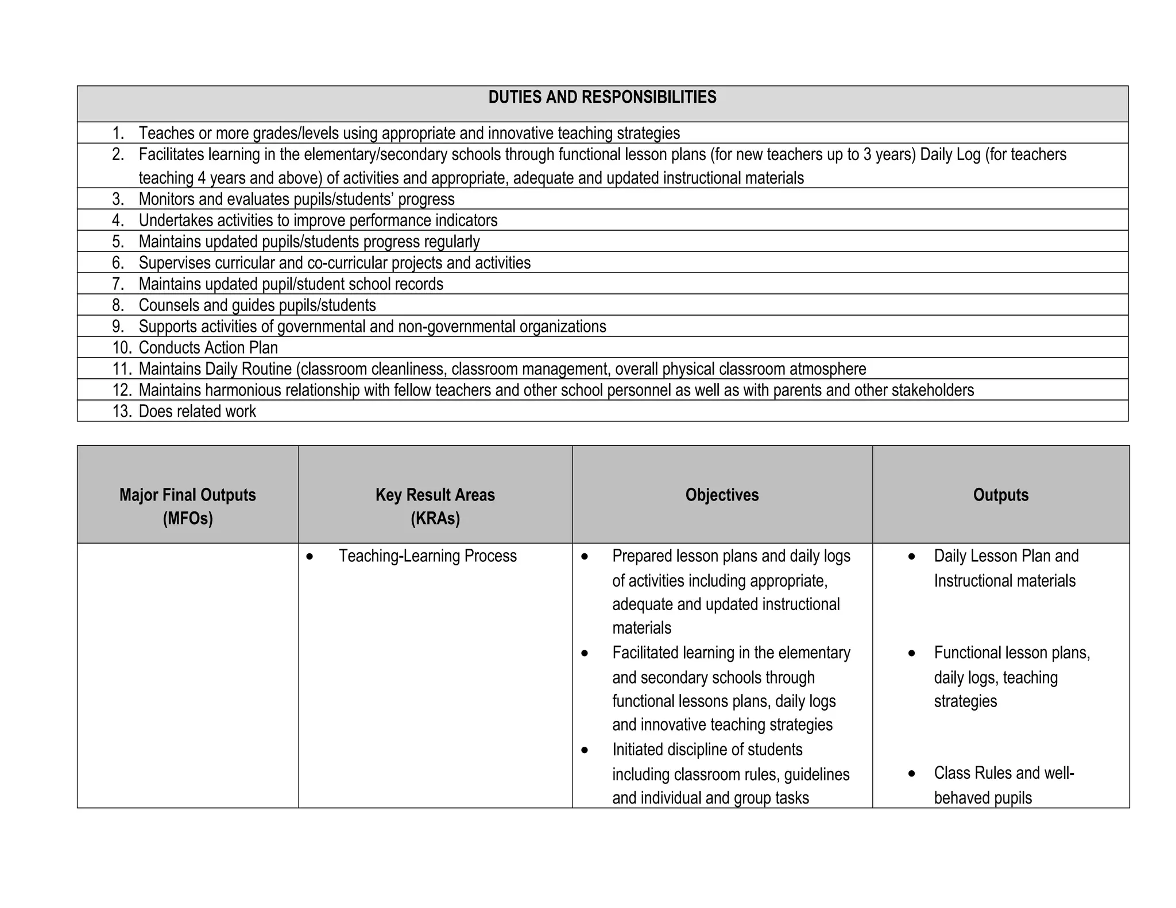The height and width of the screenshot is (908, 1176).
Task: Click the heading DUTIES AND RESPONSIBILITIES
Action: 602,98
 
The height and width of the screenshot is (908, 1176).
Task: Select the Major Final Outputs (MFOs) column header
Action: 188,506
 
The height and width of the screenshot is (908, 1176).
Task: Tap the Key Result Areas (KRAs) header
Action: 435,506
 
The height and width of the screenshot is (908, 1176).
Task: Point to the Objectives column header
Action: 722,495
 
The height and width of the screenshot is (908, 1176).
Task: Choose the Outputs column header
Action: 1000,495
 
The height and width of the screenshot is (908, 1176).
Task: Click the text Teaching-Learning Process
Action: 427,556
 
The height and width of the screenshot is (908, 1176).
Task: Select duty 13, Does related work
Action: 197,411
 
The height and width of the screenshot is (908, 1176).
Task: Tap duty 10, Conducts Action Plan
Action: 208,347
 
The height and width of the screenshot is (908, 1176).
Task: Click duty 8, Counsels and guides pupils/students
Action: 257,305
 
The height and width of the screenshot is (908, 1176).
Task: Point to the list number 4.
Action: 118,220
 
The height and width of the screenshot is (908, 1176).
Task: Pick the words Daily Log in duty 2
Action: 950,154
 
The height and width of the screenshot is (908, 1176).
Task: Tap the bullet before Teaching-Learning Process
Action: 310,556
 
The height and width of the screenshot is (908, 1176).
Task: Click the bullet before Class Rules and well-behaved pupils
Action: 912,774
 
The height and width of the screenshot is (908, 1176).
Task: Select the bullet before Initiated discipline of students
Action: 585,750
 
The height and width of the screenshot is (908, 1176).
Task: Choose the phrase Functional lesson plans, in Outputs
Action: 1012,653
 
